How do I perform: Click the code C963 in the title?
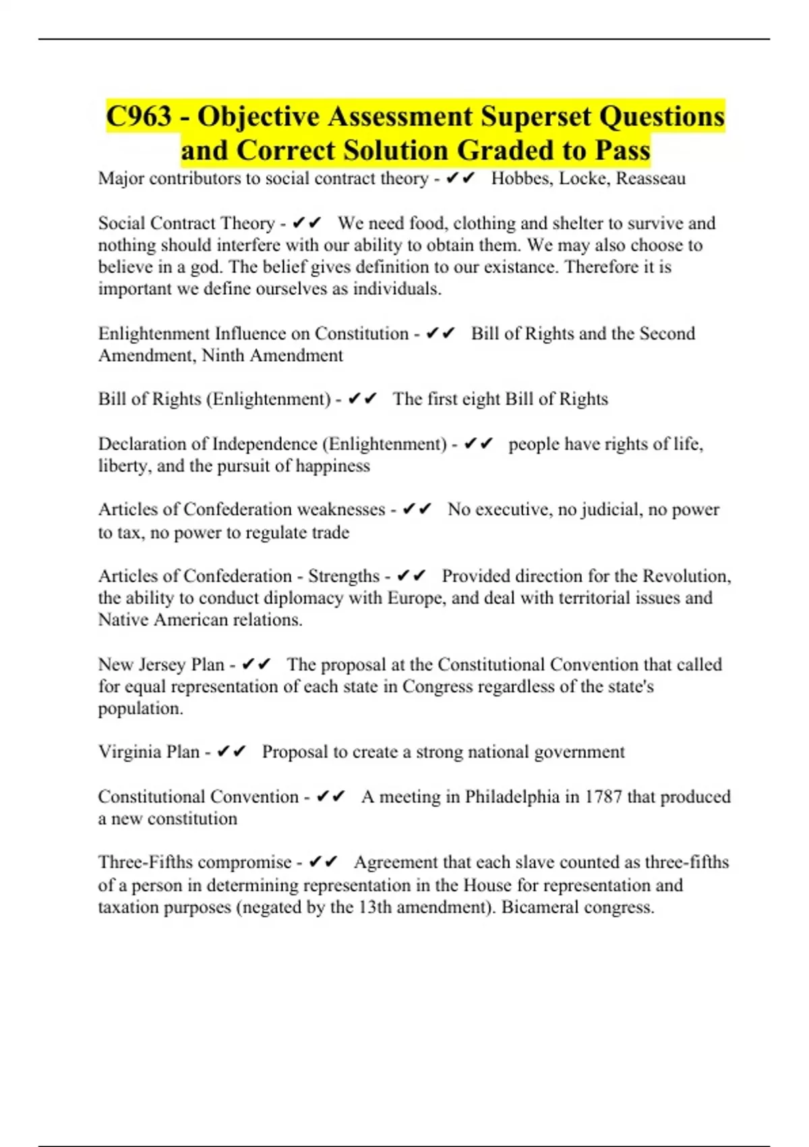(139, 116)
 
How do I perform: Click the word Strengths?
(344, 576)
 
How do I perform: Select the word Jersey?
(162, 664)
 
